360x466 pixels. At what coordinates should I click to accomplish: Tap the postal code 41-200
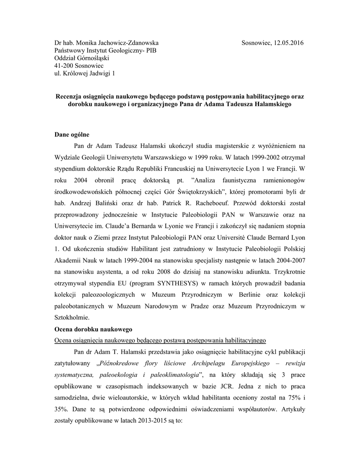click(x=63, y=66)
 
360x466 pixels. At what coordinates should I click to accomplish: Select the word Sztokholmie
click(x=72, y=318)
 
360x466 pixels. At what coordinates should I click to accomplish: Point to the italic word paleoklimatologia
click(x=172, y=375)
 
